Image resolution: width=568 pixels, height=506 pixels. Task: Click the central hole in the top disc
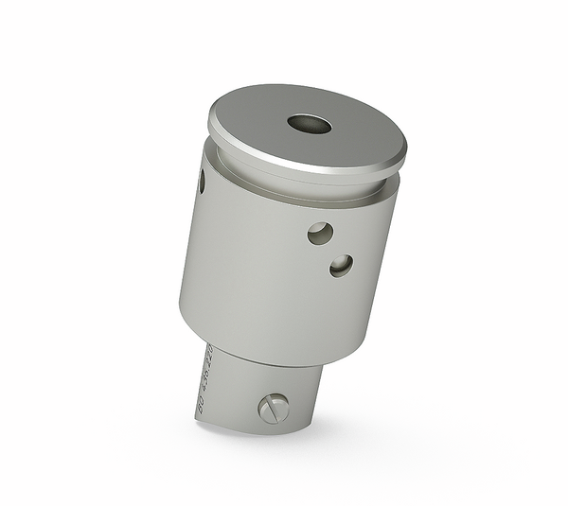[310, 124]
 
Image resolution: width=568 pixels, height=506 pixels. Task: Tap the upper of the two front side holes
[320, 233]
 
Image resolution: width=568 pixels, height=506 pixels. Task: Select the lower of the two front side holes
[341, 266]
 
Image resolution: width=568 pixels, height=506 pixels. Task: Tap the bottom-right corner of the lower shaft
[311, 423]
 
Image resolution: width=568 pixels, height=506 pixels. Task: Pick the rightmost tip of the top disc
[406, 152]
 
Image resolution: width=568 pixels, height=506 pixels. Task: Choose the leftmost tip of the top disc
[208, 121]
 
